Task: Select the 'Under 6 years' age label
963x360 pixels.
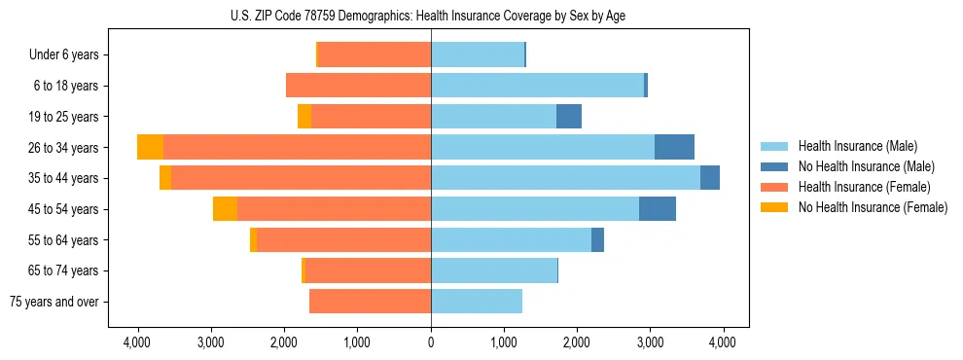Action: tap(64, 54)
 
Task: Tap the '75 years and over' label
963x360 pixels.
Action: tap(53, 302)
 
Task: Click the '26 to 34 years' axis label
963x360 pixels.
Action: tap(63, 147)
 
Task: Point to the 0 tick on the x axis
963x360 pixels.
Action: tap(431, 342)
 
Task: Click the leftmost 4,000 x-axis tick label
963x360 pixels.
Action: tap(137, 342)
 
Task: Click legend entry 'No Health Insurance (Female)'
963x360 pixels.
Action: tap(873, 207)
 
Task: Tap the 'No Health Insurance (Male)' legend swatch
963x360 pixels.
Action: tap(775, 166)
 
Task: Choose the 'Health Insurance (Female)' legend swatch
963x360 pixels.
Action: tap(775, 187)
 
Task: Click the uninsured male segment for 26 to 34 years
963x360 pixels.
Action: tap(674, 147)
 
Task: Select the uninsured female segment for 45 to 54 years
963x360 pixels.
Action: tap(225, 209)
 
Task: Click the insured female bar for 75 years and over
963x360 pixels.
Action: tap(370, 302)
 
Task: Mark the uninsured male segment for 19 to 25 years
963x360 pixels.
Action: tap(569, 117)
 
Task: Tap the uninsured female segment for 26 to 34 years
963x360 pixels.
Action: tap(150, 147)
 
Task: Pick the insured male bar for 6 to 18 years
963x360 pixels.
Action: tap(537, 86)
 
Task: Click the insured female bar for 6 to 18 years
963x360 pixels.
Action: tap(358, 86)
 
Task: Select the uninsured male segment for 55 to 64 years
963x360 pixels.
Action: tap(597, 239)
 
